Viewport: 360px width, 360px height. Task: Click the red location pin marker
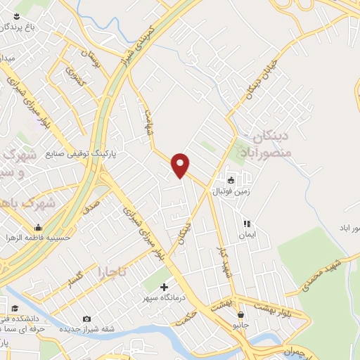(x=181, y=165)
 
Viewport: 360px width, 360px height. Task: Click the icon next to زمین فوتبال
(x=231, y=179)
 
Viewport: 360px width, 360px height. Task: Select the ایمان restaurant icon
(x=246, y=224)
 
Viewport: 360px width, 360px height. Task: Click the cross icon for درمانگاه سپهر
(x=165, y=286)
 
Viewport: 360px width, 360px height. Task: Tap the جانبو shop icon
(x=241, y=314)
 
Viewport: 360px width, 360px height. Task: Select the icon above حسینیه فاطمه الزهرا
(x=37, y=227)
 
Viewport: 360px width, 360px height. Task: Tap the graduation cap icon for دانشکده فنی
(x=15, y=308)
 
